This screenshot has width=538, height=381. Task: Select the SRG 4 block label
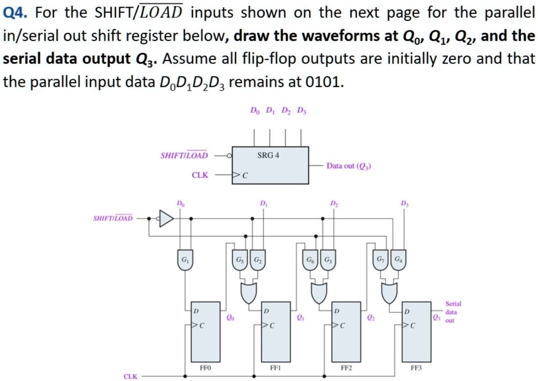tap(268, 155)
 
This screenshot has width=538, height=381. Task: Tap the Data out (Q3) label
tap(349, 165)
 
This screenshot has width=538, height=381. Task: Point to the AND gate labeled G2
tap(256, 260)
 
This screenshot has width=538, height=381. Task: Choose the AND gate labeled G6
tap(309, 260)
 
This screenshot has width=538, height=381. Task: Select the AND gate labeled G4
tap(397, 260)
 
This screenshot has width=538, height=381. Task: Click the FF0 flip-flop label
tap(204, 367)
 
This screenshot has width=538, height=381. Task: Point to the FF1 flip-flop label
tap(275, 367)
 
